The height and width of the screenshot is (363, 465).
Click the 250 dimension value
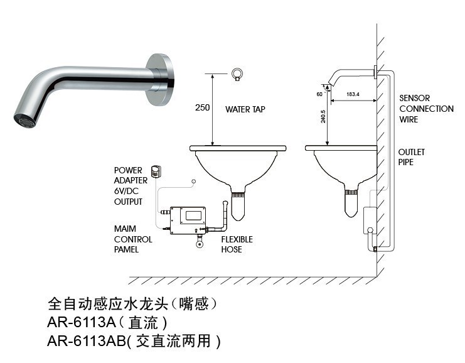pyautogui.click(x=202, y=107)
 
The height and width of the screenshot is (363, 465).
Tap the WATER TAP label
pyautogui.click(x=245, y=109)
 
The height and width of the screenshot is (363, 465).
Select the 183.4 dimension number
pyautogui.click(x=353, y=94)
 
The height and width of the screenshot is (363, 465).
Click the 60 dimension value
pyautogui.click(x=319, y=94)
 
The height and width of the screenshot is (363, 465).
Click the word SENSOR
pyautogui.click(x=415, y=99)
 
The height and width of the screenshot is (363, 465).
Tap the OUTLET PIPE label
pyautogui.click(x=411, y=157)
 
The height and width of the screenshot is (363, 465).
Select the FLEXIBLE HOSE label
pyautogui.click(x=237, y=244)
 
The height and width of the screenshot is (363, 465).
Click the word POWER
pyautogui.click(x=127, y=170)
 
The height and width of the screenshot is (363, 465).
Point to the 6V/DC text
pyautogui.click(x=127, y=191)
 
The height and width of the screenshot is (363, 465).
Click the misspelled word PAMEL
pyautogui.click(x=128, y=249)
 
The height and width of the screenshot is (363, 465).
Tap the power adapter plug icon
pyautogui.click(x=156, y=170)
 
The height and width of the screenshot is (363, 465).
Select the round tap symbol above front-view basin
pyautogui.click(x=237, y=73)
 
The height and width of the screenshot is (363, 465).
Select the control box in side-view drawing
pyautogui.click(x=370, y=220)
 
